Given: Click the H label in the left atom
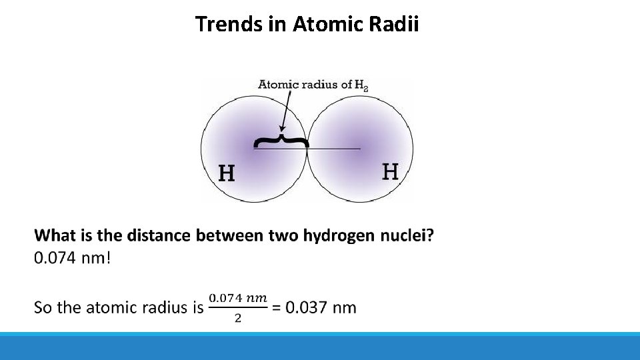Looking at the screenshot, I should (227, 174).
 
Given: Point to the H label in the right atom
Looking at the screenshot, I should (391, 172).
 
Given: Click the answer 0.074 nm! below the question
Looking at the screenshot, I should (72, 258).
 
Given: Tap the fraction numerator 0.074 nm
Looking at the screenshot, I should (238, 297).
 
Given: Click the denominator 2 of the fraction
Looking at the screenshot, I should (238, 318).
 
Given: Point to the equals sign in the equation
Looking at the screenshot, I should (277, 307).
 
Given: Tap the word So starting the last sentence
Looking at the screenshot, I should (43, 307).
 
